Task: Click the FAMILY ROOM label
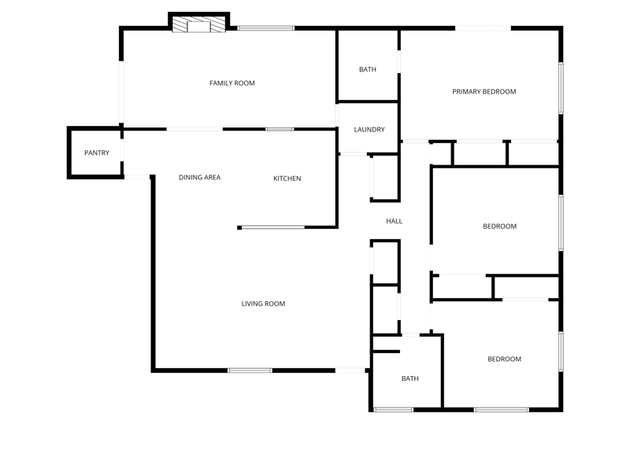tap(232, 83)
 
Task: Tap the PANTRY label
tap(96, 153)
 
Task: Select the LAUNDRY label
tap(369, 129)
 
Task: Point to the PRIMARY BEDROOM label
tap(484, 91)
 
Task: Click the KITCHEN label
tap(287, 179)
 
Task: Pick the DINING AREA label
tap(199, 177)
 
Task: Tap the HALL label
tap(394, 221)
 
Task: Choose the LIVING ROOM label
tap(263, 304)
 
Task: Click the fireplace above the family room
tap(198, 24)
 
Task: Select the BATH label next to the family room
tap(367, 69)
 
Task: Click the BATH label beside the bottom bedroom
tap(409, 378)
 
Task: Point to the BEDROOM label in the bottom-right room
tap(504, 359)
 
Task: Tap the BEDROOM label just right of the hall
tap(499, 226)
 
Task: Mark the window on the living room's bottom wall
tap(250, 371)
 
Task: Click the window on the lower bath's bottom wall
tap(393, 409)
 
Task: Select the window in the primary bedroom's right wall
tap(561, 88)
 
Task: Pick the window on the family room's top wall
tap(265, 28)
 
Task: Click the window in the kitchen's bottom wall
tap(273, 227)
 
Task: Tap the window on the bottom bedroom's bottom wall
tap(501, 409)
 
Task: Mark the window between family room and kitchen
tap(280, 129)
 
